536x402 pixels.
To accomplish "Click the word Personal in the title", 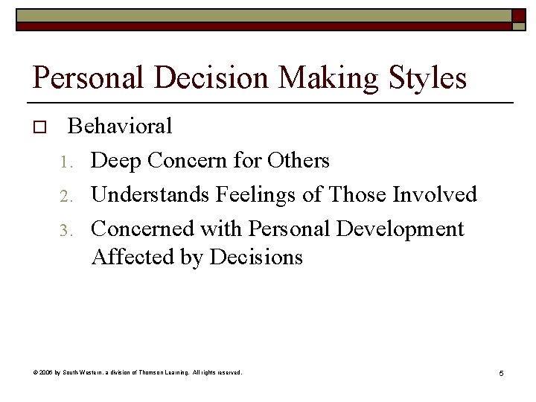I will coord(81,78).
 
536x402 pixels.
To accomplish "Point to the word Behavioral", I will coord(120,127).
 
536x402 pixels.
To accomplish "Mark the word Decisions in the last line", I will coord(256,258).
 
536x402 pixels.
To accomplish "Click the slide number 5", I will coord(502,373).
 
